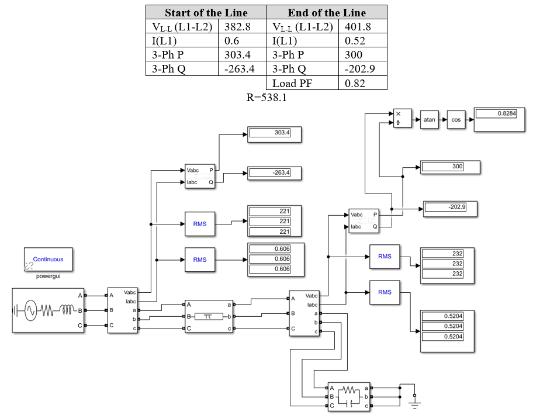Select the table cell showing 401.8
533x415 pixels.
coord(362,26)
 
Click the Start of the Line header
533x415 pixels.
coord(206,12)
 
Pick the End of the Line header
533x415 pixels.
coord(326,12)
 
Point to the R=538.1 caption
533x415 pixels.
coord(266,98)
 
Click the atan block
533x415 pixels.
coord(429,119)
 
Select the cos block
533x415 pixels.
coord(456,119)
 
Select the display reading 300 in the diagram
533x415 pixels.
coord(450,167)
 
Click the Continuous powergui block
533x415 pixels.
coord(49,260)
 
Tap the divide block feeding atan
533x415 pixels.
coord(402,119)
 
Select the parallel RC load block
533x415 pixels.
coord(349,396)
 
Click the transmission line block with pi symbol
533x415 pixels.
coord(208,316)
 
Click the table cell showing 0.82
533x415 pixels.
coord(362,83)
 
